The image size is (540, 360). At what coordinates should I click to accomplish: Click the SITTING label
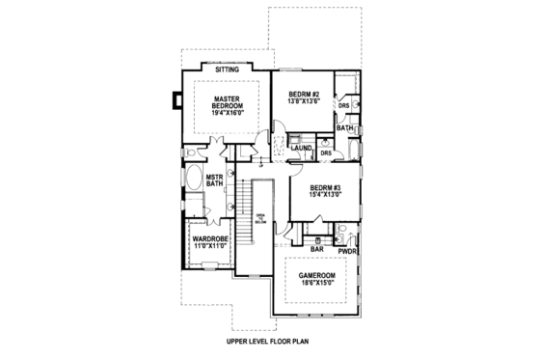click(228, 70)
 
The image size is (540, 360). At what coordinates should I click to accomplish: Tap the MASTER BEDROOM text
click(229, 101)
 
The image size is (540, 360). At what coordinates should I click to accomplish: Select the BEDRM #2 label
click(305, 93)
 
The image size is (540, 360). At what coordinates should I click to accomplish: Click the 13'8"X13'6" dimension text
click(305, 101)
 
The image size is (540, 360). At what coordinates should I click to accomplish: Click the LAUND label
click(300, 149)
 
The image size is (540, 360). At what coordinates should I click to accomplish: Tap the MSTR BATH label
click(202, 180)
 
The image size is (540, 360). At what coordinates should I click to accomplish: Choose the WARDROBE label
click(209, 238)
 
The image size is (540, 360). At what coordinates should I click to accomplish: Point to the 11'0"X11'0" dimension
click(209, 247)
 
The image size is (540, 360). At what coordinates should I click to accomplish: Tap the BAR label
click(316, 249)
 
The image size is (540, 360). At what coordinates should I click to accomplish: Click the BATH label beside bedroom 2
click(344, 126)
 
